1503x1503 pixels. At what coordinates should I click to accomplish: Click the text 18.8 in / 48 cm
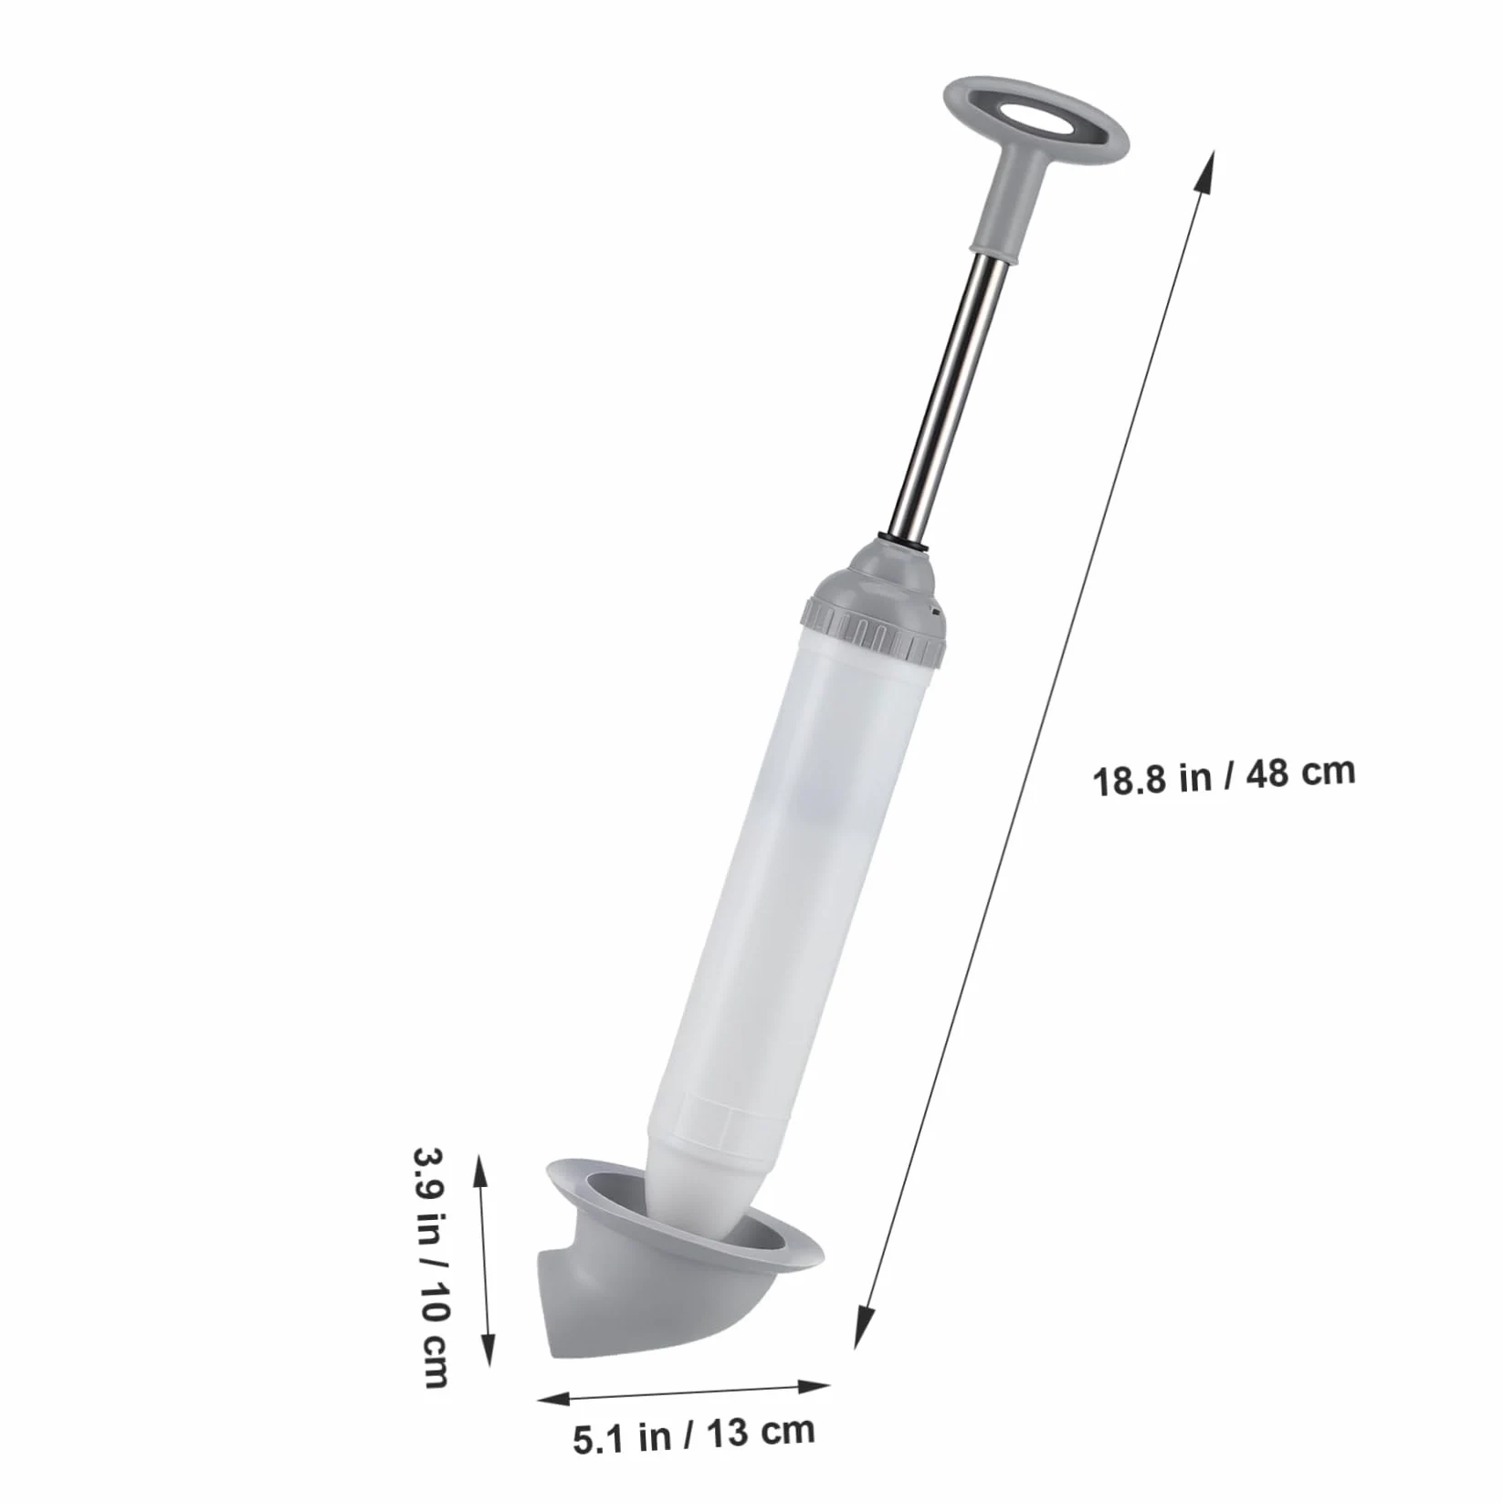(1224, 776)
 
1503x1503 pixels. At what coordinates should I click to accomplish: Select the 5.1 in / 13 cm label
(694, 1433)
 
